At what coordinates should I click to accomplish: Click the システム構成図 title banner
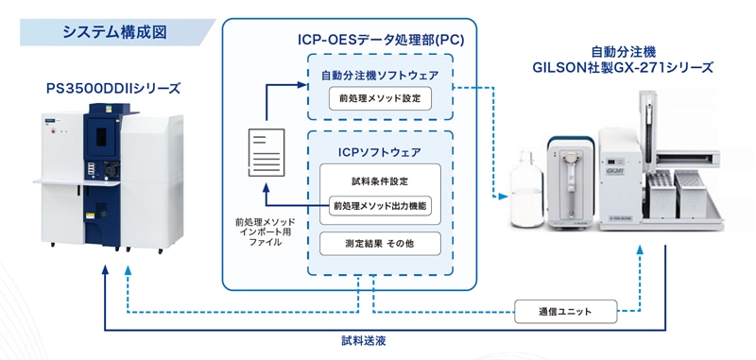click(115, 32)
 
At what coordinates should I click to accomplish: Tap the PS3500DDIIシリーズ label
click(112, 89)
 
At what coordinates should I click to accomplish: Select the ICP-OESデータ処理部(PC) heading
click(381, 40)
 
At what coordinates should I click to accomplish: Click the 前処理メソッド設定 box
click(380, 98)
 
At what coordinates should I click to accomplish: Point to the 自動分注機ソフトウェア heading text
click(380, 76)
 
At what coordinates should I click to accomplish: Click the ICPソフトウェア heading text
click(380, 152)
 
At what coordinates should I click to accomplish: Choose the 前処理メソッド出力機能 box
click(380, 206)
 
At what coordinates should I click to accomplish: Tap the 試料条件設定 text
click(380, 181)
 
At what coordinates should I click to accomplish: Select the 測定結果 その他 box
click(380, 244)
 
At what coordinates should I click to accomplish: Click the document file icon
click(266, 153)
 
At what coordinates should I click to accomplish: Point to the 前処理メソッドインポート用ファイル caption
click(266, 232)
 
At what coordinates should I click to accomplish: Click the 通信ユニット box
click(565, 311)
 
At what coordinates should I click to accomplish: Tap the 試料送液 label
click(364, 341)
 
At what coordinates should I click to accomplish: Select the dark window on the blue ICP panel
click(101, 137)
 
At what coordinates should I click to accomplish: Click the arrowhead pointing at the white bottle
click(504, 197)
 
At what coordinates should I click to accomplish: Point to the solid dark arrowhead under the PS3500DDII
click(105, 270)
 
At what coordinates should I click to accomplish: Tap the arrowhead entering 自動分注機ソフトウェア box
click(302, 85)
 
